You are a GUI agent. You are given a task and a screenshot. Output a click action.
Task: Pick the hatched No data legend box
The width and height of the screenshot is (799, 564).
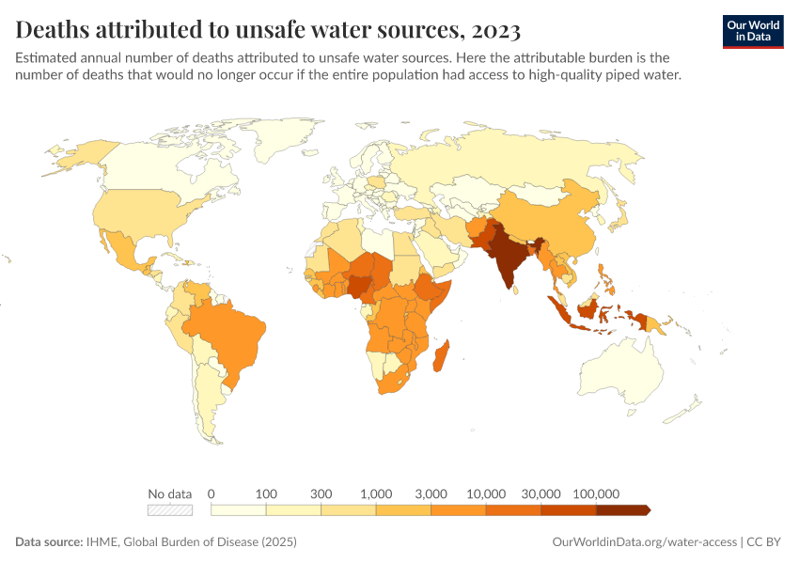click(x=170, y=510)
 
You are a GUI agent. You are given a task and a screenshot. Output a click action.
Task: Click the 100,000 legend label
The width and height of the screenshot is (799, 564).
click(x=595, y=493)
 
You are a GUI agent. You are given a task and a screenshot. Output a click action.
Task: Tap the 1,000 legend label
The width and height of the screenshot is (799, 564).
click(x=376, y=493)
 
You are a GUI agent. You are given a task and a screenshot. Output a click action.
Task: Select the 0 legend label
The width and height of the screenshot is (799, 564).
click(x=211, y=493)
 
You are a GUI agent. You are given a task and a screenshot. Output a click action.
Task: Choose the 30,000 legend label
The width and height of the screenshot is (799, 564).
click(x=540, y=493)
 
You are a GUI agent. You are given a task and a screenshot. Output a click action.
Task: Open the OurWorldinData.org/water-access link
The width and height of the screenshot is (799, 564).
click(x=643, y=542)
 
